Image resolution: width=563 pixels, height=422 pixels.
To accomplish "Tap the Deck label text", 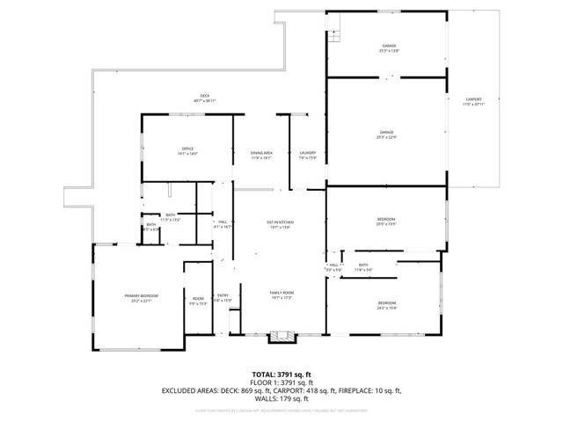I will pos(204,98).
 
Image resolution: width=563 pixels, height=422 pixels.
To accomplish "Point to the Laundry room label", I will pos(307,155).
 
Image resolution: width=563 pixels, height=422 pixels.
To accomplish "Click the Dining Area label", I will pos(261,155).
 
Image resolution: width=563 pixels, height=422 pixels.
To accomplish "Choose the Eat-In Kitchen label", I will pos(281,224).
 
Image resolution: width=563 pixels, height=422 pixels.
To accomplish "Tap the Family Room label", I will pos(281,294).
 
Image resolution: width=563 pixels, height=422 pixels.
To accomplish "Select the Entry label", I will pos(223,297).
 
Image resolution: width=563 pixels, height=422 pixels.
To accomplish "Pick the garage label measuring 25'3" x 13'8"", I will pos(388,47).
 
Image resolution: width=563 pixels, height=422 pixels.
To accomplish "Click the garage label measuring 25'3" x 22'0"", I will pos(387,135).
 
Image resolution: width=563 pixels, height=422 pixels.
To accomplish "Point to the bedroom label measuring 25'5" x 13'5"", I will pos(386,221).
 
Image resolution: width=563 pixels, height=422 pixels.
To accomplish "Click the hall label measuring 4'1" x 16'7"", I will pos(223,224).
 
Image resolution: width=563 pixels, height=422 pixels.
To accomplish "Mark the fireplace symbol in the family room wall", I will pos(281,334).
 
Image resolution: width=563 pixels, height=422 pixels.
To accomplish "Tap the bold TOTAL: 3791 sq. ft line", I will pos(281,375).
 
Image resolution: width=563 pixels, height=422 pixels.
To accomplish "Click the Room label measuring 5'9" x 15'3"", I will pos(198,301).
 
